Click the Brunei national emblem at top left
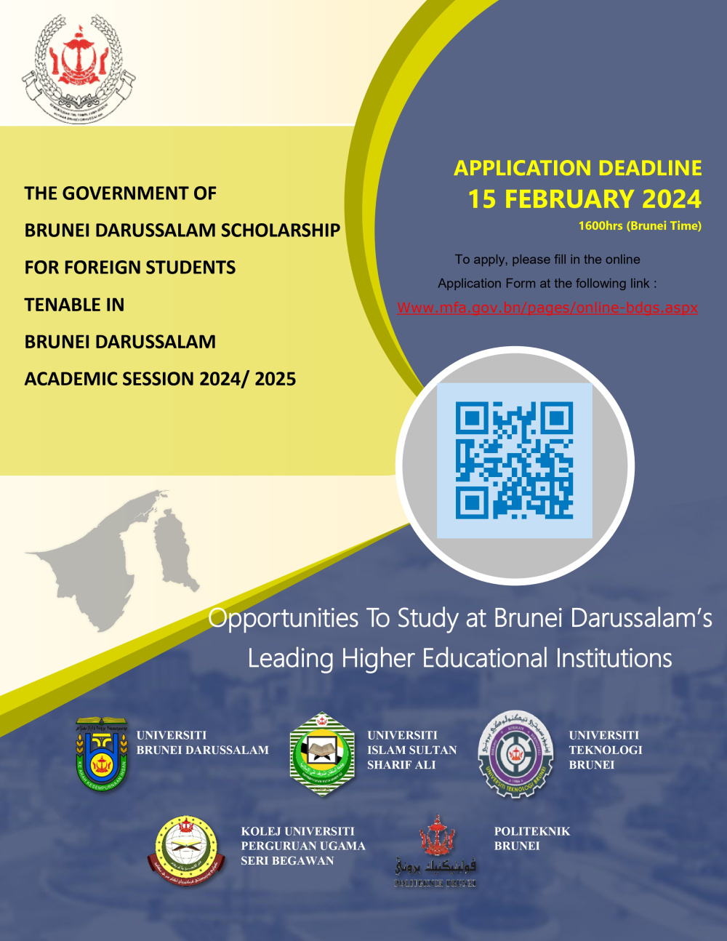[x=78, y=69]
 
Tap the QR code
[x=514, y=460]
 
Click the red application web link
[x=547, y=308]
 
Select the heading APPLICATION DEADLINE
[x=578, y=168]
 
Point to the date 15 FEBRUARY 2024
[x=585, y=199]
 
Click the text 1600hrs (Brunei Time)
[x=640, y=226]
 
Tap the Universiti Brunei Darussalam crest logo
[x=102, y=753]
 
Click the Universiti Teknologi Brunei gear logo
[x=515, y=754]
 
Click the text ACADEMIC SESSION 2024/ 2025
[x=160, y=379]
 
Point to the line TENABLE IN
[x=74, y=305]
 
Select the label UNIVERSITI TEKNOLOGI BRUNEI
[x=605, y=750]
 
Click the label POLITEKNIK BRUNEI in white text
[x=531, y=838]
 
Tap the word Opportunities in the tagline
[x=283, y=618]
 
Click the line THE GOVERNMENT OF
[x=121, y=193]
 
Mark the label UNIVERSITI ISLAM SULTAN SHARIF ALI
[x=411, y=750]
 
